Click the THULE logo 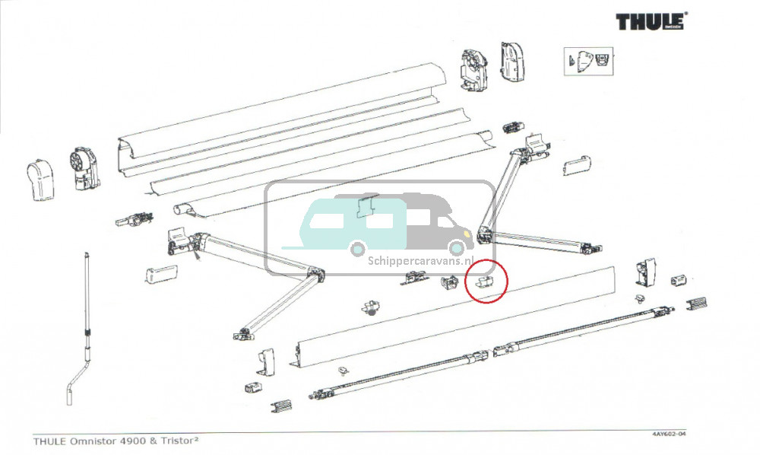pyautogui.click(x=651, y=21)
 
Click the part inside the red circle pyautogui.click(x=483, y=283)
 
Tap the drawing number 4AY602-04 pyautogui.click(x=668, y=434)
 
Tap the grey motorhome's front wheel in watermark pyautogui.click(x=456, y=247)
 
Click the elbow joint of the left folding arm pyautogui.click(x=316, y=272)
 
